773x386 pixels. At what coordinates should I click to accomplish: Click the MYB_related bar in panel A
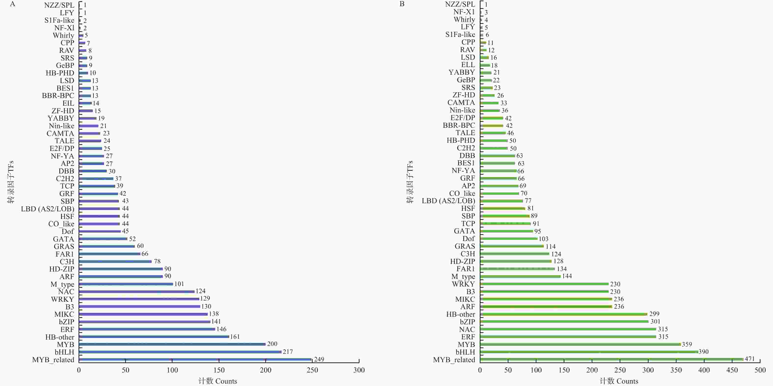195,359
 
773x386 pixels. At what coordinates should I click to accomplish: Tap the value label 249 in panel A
319,359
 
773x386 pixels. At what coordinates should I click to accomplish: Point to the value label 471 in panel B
749,359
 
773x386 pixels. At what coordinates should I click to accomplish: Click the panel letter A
12,4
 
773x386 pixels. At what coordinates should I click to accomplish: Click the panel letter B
402,4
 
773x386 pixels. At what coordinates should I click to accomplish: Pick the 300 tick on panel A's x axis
359,370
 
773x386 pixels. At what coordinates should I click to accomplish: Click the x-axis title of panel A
218,381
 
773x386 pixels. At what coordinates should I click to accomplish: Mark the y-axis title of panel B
410,182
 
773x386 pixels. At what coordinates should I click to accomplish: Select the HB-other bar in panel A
154,337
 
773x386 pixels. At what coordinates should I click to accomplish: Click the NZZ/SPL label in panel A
59,5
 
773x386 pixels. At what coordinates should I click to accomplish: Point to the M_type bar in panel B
520,276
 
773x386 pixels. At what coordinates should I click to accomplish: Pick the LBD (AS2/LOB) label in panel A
47,209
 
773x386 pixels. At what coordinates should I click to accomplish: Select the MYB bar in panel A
172,344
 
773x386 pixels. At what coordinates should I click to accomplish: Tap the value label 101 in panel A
179,284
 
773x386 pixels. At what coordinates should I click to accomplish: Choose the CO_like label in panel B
462,193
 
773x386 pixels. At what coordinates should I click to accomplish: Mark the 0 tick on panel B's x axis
480,370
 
